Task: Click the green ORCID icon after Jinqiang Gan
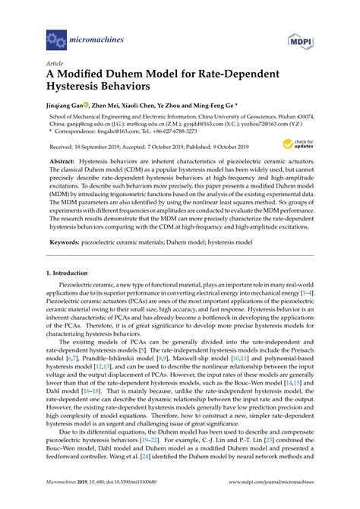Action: [91, 107]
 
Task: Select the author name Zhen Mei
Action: [109, 107]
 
